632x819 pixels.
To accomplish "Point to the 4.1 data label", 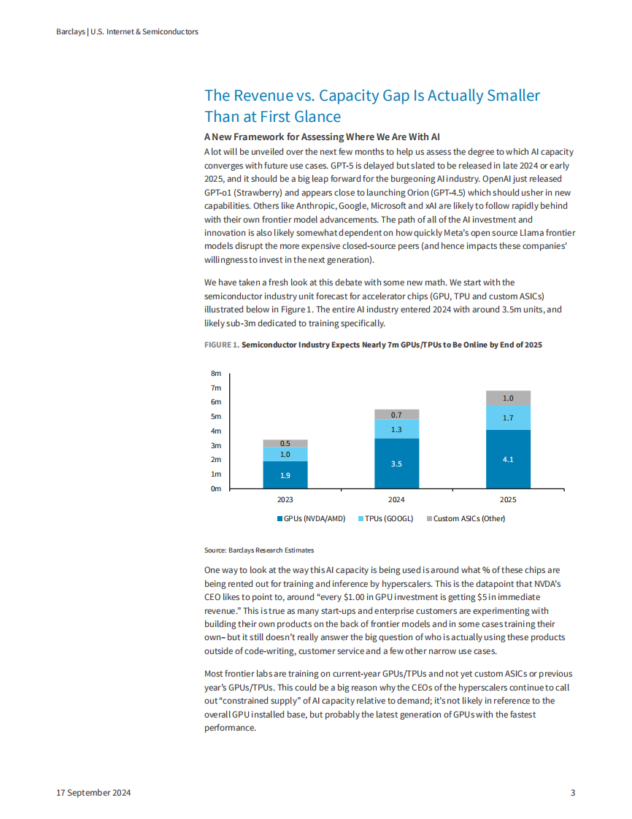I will pyautogui.click(x=508, y=459).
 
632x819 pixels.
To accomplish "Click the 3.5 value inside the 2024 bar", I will pyautogui.click(x=396, y=464).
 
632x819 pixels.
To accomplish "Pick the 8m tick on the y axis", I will pyautogui.click(x=216, y=374).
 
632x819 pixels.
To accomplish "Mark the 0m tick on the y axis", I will pyautogui.click(x=216, y=489).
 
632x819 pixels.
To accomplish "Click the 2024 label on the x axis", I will pyautogui.click(x=396, y=500).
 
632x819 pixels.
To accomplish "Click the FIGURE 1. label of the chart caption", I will pyautogui.click(x=221, y=345).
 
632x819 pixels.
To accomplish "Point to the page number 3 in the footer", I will pyautogui.click(x=573, y=793).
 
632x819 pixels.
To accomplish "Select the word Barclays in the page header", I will pyautogui.click(x=70, y=32).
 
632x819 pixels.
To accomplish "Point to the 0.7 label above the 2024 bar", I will pyautogui.click(x=396, y=415).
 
